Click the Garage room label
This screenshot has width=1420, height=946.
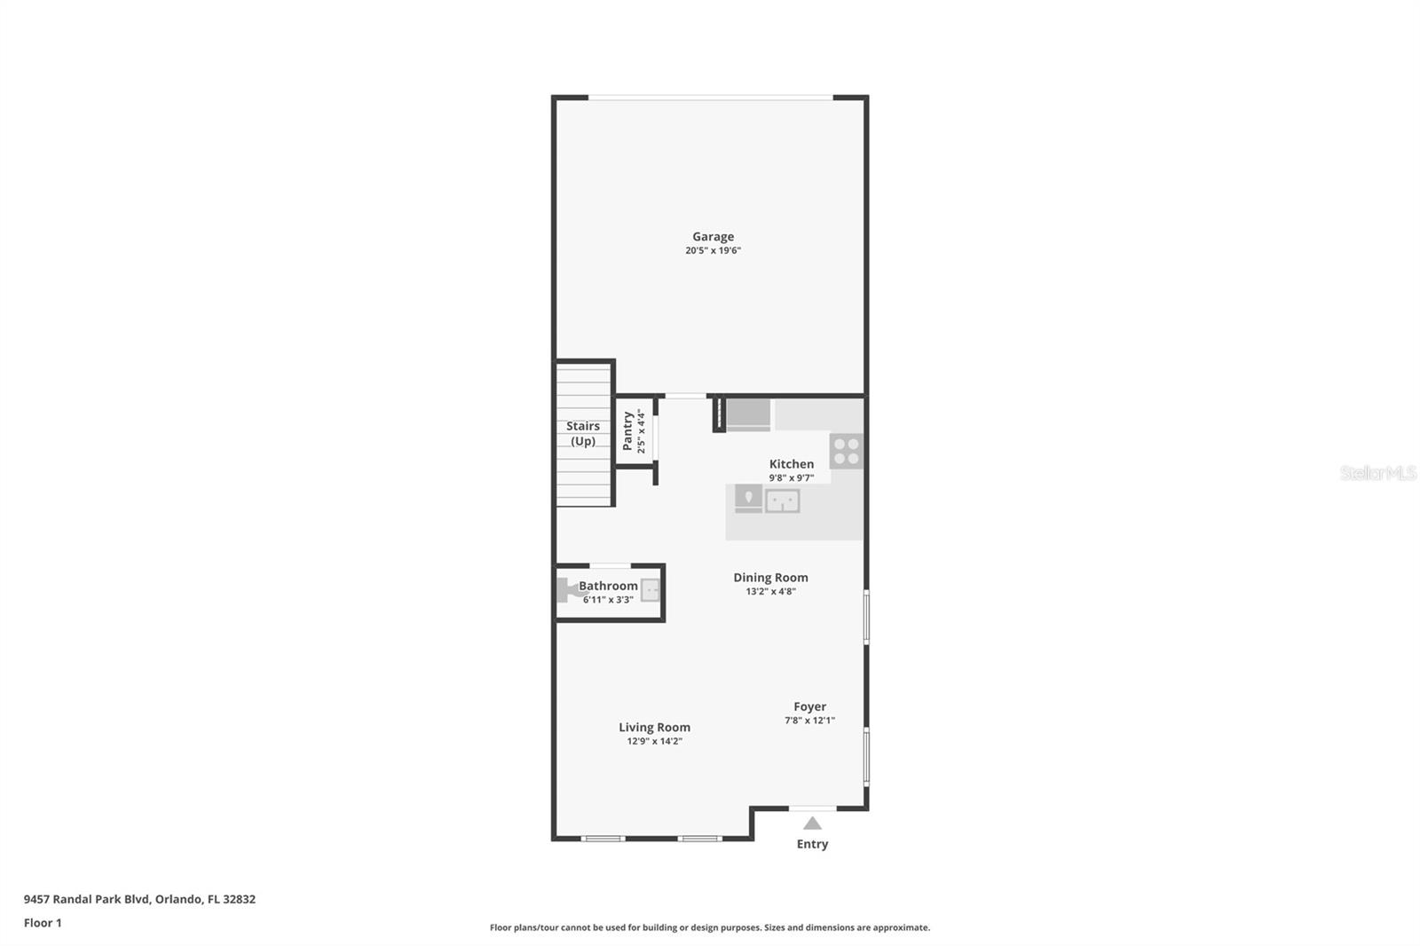pyautogui.click(x=713, y=236)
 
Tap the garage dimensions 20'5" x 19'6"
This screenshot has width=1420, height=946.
pyautogui.click(x=713, y=250)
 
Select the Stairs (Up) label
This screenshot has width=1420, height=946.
pyautogui.click(x=582, y=433)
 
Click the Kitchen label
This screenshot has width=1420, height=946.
pyautogui.click(x=791, y=463)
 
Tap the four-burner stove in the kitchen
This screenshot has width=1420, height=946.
pyautogui.click(x=847, y=451)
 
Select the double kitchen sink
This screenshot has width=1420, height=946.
pyautogui.click(x=782, y=501)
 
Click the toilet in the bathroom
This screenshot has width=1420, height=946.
pyautogui.click(x=567, y=589)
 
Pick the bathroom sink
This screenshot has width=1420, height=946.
pyautogui.click(x=650, y=590)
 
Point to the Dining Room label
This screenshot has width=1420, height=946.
pyautogui.click(x=770, y=578)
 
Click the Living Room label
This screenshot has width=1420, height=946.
pyautogui.click(x=654, y=728)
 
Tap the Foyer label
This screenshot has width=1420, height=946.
pyautogui.click(x=809, y=706)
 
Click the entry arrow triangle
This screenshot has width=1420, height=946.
pyautogui.click(x=812, y=824)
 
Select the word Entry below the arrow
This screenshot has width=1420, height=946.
pyautogui.click(x=812, y=844)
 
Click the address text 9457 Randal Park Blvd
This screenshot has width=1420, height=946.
pyautogui.click(x=86, y=899)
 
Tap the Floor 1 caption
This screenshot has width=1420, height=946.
pyautogui.click(x=43, y=923)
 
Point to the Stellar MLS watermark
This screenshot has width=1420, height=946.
pyautogui.click(x=1378, y=473)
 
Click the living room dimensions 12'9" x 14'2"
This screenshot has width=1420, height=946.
pyautogui.click(x=654, y=741)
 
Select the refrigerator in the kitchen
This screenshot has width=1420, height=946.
pyautogui.click(x=748, y=414)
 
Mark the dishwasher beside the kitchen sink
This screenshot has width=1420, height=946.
pyautogui.click(x=748, y=499)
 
